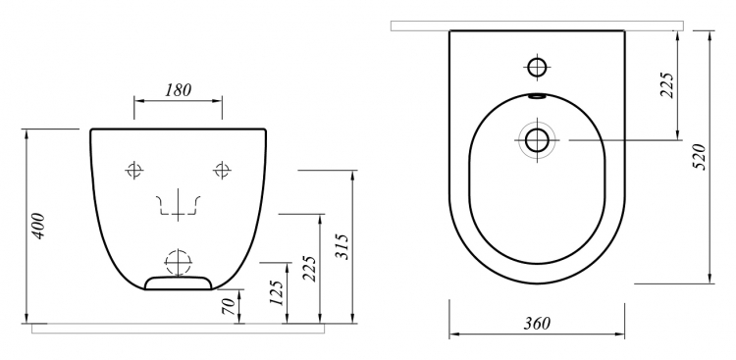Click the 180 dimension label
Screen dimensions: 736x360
[179, 90]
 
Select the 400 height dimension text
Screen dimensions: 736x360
[38, 226]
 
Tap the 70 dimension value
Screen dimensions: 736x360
[229, 306]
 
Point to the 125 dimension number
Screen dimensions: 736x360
[277, 293]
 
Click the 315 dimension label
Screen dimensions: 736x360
[342, 246]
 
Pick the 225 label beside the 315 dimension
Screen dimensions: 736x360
[309, 269]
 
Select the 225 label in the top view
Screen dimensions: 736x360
[667, 85]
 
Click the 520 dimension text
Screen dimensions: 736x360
[700, 157]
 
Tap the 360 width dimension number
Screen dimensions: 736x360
[537, 324]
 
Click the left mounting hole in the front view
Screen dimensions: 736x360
[134, 170]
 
